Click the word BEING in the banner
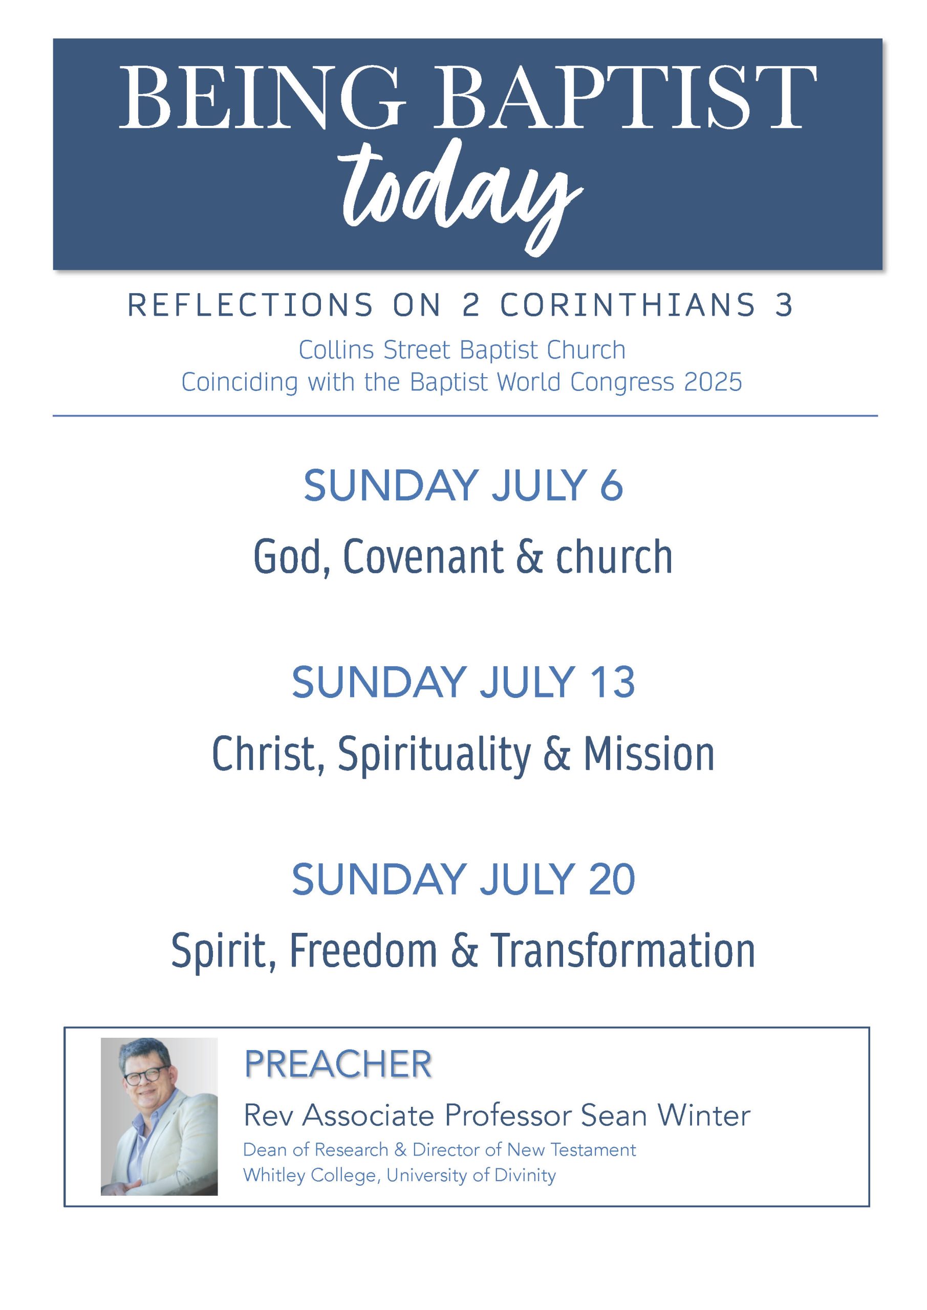(262, 98)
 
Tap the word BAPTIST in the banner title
(626, 98)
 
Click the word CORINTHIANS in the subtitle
(629, 305)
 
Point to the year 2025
(714, 383)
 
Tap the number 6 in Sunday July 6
(611, 486)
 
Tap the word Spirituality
(435, 754)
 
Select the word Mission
(649, 754)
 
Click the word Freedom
(363, 951)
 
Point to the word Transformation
(623, 951)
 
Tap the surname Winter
(704, 1116)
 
